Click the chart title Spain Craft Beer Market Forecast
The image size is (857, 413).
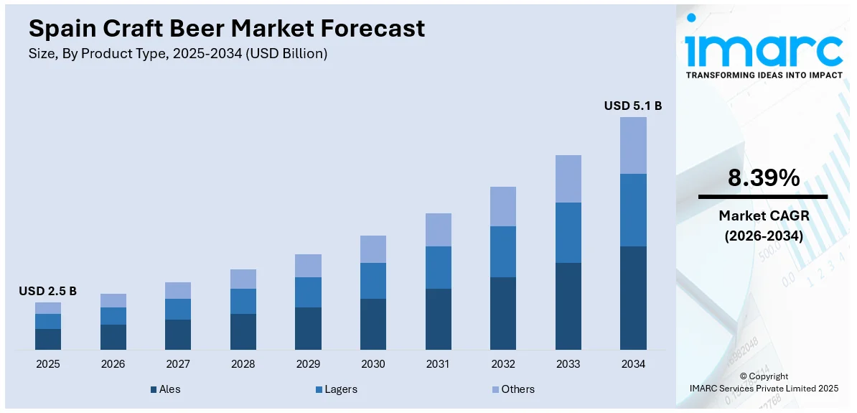click(227, 28)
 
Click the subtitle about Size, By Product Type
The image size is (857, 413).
click(178, 54)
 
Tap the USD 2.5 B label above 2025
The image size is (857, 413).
click(47, 291)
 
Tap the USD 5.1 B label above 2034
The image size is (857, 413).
click(632, 106)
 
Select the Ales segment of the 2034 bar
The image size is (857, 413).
click(633, 298)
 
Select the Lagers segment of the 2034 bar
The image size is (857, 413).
click(633, 210)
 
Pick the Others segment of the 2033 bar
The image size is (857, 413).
click(568, 179)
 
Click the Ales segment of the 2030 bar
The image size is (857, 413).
click(373, 324)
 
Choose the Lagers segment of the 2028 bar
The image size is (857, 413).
click(243, 301)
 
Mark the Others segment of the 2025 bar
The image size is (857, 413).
click(48, 308)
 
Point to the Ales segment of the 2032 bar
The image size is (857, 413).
click(503, 313)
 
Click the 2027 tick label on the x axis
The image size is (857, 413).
click(178, 364)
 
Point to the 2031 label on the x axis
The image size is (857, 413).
click(438, 364)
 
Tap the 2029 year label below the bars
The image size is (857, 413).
click(308, 364)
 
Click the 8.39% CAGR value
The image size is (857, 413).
click(763, 178)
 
